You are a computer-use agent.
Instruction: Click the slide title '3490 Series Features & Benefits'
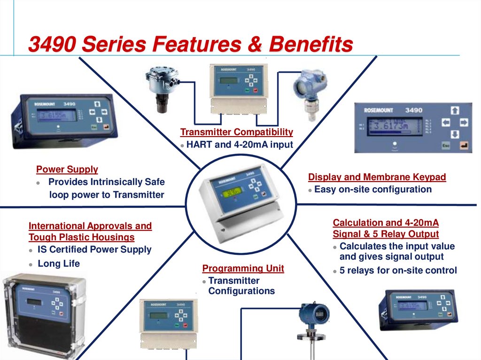pyautogui.click(x=190, y=45)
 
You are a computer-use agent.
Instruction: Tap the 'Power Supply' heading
pyautogui.click(x=67, y=169)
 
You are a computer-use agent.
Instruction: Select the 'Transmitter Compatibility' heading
pyautogui.click(x=237, y=132)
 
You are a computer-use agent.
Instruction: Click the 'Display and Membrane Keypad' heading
pyautogui.click(x=377, y=177)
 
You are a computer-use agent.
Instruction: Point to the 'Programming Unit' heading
pyautogui.click(x=243, y=268)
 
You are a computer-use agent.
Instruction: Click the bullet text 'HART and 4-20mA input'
pyautogui.click(x=240, y=145)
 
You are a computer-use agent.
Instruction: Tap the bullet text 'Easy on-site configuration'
pyautogui.click(x=372, y=190)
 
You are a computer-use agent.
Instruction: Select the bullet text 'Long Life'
pyautogui.click(x=59, y=264)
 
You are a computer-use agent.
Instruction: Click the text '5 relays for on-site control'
pyautogui.click(x=398, y=270)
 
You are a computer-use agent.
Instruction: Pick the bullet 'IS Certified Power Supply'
pyautogui.click(x=94, y=250)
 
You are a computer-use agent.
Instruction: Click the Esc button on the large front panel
pyautogui.click(x=446, y=146)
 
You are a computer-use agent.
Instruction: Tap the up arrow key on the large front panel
pyautogui.click(x=454, y=111)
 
